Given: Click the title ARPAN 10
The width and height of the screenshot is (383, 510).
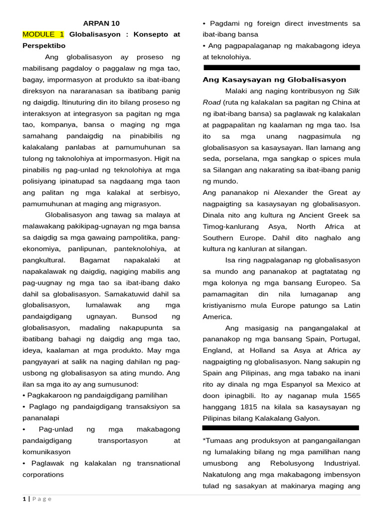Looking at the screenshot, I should pyautogui.click(x=101, y=23).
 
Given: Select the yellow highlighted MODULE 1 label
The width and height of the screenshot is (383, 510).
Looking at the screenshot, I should pyautogui.click(x=43, y=34).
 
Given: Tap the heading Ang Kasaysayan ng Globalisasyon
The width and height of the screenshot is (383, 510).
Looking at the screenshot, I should pyautogui.click(x=274, y=80).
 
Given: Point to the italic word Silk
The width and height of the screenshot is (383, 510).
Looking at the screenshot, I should pyautogui.click(x=354, y=91).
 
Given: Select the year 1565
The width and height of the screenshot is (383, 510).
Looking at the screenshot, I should pyautogui.click(x=350, y=395).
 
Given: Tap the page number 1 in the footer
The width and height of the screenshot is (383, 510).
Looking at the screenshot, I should pyautogui.click(x=24, y=499).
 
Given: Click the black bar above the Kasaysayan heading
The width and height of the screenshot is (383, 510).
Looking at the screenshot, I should pyautogui.click(x=281, y=67).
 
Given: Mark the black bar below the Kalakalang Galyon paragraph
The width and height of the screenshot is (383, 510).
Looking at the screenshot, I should pyautogui.click(x=280, y=428).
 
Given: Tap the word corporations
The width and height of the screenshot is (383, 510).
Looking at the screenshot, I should pyautogui.click(x=43, y=475).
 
